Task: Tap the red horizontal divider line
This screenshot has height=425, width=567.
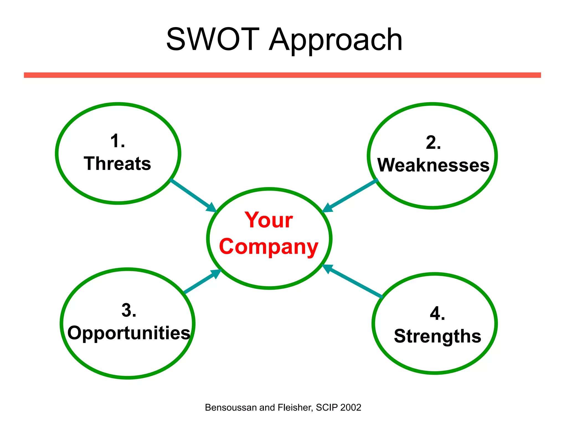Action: point(282,75)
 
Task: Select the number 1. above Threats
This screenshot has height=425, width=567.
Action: point(117,141)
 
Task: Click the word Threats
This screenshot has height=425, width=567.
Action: point(117,164)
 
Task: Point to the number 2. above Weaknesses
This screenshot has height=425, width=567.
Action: point(433,143)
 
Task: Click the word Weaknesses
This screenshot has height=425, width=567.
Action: point(433,165)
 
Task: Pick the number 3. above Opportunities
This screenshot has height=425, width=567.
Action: point(129,310)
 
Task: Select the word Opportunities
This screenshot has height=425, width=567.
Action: point(129,333)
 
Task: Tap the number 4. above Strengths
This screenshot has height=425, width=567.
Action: point(437,314)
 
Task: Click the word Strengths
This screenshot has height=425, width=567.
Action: point(437,336)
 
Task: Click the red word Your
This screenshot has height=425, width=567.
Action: point(269,220)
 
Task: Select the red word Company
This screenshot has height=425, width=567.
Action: point(269,247)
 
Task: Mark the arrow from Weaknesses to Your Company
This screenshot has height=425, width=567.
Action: point(350,196)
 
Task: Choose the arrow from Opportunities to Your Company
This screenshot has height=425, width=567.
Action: point(202,281)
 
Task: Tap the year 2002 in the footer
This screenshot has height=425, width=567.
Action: point(351,408)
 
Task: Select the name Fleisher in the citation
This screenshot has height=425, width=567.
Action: point(295,408)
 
